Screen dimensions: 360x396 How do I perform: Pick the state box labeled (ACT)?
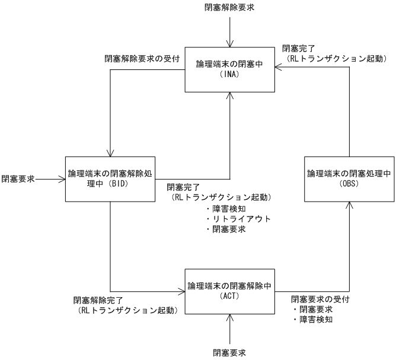tap(229, 290)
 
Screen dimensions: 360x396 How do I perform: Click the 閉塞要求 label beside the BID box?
tap(17, 178)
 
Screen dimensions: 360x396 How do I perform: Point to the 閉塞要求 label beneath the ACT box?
tap(229, 353)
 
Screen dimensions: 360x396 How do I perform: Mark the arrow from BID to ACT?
tap(111, 249)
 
